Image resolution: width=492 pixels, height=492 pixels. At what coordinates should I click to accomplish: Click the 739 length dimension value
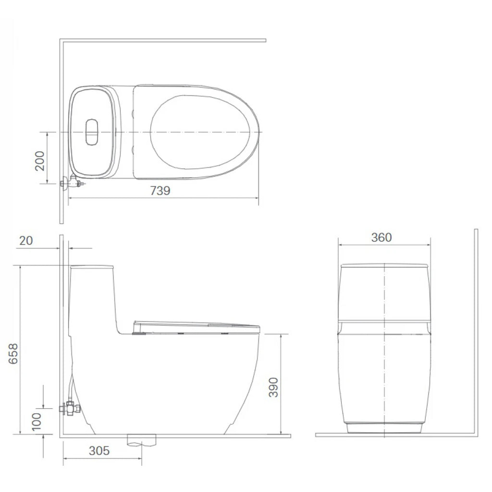click(x=160, y=190)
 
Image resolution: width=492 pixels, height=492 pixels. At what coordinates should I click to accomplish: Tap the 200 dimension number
click(x=39, y=160)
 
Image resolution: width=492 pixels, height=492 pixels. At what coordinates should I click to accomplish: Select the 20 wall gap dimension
click(x=26, y=241)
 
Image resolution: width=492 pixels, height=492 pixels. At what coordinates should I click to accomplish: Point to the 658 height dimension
click(x=13, y=354)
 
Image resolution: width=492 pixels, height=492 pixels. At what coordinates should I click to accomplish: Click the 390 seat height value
click(x=273, y=387)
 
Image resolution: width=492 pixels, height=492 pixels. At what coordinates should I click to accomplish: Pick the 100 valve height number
click(x=37, y=421)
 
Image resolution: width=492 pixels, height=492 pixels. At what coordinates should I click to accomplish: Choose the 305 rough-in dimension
click(x=99, y=451)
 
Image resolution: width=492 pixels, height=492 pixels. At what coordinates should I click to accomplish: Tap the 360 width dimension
click(x=381, y=237)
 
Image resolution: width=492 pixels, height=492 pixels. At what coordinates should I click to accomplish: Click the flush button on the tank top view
click(x=92, y=132)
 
